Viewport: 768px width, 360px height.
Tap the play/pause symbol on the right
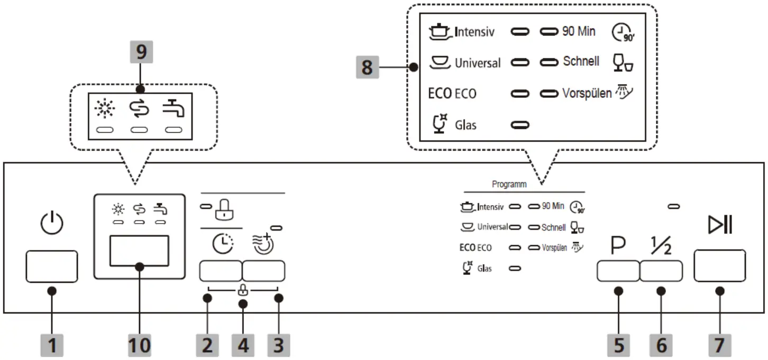coord(720,226)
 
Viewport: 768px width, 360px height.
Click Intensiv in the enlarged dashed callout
coord(474,32)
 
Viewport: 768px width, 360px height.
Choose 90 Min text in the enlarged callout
coord(578,32)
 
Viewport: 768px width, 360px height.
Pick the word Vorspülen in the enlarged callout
coord(587,94)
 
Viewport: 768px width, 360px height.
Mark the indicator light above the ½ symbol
coord(674,206)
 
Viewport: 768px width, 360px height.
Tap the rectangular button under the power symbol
coord(51,267)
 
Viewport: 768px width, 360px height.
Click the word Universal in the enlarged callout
coord(478,63)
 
